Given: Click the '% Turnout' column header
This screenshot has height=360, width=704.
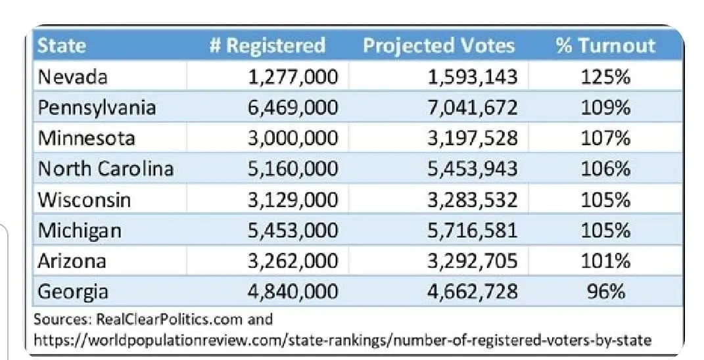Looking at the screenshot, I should pyautogui.click(x=605, y=45).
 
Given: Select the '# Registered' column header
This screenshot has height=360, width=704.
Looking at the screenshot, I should pyautogui.click(x=267, y=45).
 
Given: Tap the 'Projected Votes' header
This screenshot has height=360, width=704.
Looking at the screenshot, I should pyautogui.click(x=438, y=45).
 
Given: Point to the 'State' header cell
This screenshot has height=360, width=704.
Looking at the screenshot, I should pyautogui.click(x=62, y=45).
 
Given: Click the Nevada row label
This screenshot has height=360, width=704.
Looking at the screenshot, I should pyautogui.click(x=72, y=77).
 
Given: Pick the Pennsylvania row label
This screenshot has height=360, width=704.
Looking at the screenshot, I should pyautogui.click(x=97, y=107).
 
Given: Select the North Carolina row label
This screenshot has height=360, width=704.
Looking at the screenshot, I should pyautogui.click(x=106, y=169).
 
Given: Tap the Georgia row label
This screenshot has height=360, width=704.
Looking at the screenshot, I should pyautogui.click(x=73, y=291).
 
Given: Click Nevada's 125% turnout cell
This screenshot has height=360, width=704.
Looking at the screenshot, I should pyautogui.click(x=605, y=77).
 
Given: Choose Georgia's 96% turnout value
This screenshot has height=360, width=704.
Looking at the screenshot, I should pyautogui.click(x=605, y=291).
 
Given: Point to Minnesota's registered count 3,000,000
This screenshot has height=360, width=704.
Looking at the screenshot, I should pyautogui.click(x=293, y=138).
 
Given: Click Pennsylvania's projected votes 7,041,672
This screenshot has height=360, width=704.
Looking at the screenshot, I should pyautogui.click(x=473, y=107).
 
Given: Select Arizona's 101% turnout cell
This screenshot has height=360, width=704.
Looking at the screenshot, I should pyautogui.click(x=605, y=261).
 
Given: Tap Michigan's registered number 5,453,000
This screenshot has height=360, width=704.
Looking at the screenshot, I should pyautogui.click(x=293, y=230).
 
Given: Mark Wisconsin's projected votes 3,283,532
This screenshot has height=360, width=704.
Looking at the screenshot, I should pyautogui.click(x=473, y=200).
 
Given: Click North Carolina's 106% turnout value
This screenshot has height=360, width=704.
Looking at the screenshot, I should pyautogui.click(x=605, y=169).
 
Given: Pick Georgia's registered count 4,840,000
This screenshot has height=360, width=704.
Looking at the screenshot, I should pyautogui.click(x=293, y=291).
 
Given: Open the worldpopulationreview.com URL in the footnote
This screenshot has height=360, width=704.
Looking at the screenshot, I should pyautogui.click(x=342, y=340).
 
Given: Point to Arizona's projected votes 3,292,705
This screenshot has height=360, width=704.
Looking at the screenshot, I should pyautogui.click(x=473, y=261).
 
